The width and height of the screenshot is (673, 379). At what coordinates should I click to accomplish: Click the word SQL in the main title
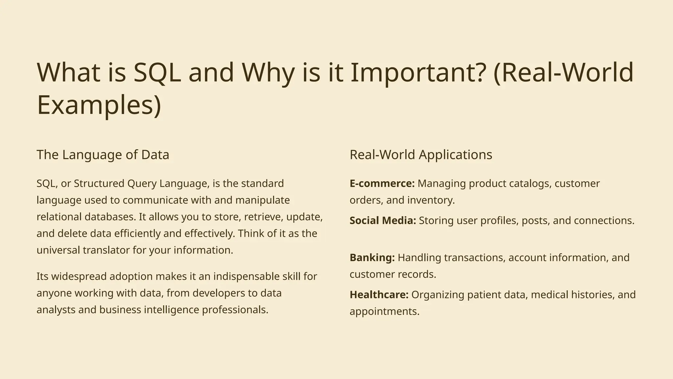tap(157, 72)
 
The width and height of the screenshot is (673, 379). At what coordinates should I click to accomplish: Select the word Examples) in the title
tap(99, 105)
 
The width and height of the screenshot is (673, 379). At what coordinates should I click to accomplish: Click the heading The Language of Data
tap(103, 155)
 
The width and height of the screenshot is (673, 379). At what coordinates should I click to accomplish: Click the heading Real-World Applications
tap(421, 155)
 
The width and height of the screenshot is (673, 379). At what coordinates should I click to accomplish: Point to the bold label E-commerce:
tap(382, 183)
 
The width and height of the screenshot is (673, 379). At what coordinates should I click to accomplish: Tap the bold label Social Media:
tap(383, 220)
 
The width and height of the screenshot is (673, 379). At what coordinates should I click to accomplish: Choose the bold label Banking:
tap(372, 258)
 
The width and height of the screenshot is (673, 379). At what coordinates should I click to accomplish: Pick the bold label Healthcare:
tap(379, 295)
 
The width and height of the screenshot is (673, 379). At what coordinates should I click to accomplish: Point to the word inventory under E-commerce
tap(430, 200)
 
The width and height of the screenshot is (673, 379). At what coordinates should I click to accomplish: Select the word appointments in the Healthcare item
tap(384, 312)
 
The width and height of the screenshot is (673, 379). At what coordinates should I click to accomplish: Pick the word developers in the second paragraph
tap(217, 293)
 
